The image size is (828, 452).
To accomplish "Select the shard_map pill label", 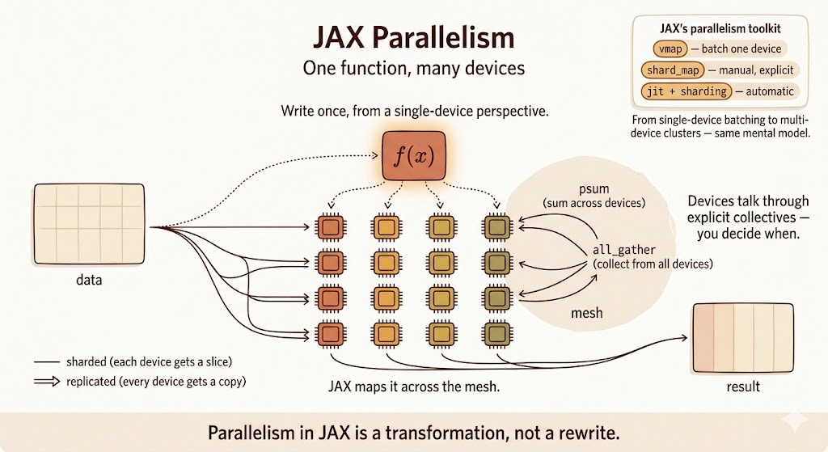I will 672,70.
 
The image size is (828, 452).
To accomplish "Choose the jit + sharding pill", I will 686,91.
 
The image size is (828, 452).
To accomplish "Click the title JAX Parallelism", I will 413,38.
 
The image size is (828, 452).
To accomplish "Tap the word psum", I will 599,188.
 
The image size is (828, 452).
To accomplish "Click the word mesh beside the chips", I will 586,312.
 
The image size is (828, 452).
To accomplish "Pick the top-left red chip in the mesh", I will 330,226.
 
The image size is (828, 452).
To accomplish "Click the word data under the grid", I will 88,282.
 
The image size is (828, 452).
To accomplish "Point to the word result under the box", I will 742,386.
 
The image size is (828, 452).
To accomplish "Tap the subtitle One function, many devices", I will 413,68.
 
